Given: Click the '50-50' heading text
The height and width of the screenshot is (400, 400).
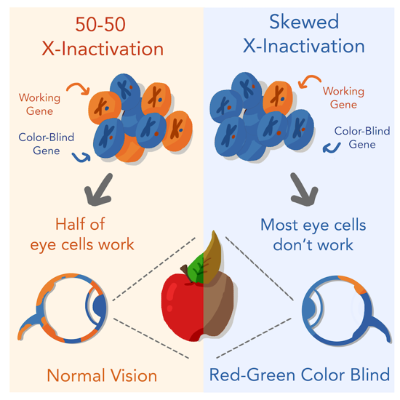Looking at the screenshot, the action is pos(100,25).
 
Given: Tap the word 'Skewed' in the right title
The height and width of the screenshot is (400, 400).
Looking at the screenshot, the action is pos(304,22).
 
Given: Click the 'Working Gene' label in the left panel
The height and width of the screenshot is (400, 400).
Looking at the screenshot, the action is pos(39,104).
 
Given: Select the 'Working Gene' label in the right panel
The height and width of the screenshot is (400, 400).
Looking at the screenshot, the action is pos(343,97).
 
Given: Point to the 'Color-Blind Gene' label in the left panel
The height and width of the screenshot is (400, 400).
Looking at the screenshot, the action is pos(46,143).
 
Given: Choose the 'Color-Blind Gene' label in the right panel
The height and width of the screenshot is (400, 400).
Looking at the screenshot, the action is pos(362,137).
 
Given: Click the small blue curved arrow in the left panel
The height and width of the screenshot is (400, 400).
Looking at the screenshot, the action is pos(81,158).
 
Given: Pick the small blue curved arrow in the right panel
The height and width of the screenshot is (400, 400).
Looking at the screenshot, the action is pos(331,148).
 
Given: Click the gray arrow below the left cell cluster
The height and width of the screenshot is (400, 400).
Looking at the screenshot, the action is pos(98,190).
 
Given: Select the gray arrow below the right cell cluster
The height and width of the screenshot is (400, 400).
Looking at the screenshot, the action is pos(304,189).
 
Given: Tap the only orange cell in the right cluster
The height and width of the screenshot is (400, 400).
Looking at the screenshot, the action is pos(278,97).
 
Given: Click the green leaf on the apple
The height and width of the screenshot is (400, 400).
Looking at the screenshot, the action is pos(196,269).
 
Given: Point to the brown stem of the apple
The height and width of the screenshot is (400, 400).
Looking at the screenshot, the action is pos(185,271).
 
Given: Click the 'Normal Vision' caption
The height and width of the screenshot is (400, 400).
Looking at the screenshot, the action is pos(102,375).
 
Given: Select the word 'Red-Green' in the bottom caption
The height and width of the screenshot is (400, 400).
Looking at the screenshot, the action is pos(252,375).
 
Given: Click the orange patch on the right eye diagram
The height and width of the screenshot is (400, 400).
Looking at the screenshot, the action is pos(353,284).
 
